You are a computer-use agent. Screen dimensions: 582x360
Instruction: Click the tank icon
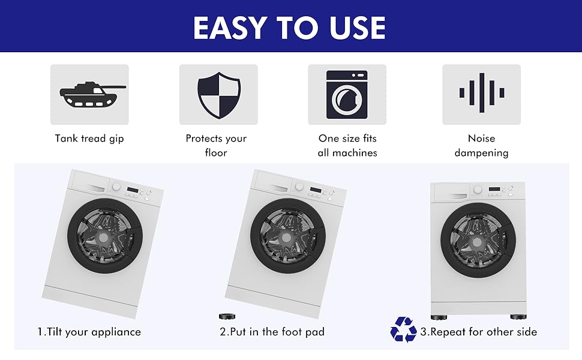(x=92, y=95)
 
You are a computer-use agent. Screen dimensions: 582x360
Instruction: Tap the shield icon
(x=219, y=95)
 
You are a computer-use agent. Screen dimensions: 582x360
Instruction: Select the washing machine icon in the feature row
(x=347, y=95)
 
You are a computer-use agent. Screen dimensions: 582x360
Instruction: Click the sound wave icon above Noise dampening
(x=481, y=93)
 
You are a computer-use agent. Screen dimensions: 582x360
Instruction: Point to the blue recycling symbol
(x=403, y=329)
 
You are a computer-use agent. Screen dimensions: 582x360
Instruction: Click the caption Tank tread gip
(x=89, y=139)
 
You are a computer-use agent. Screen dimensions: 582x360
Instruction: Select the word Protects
(x=204, y=139)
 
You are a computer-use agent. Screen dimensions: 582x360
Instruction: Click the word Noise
(x=481, y=139)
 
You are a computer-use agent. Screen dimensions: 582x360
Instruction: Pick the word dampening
(x=481, y=153)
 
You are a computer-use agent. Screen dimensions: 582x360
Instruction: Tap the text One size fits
(x=347, y=139)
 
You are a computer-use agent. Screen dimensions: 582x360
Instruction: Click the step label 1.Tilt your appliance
(x=89, y=332)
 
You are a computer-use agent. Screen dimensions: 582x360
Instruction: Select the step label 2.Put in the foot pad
(x=272, y=332)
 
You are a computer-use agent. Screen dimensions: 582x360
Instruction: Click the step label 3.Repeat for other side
(x=478, y=332)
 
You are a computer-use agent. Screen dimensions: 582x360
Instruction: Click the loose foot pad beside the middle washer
(x=227, y=317)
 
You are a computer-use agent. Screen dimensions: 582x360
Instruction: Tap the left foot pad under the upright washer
(x=439, y=317)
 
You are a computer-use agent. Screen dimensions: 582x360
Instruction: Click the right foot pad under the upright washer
(x=518, y=317)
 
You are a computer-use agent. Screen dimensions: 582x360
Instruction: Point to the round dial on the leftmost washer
(x=116, y=187)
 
